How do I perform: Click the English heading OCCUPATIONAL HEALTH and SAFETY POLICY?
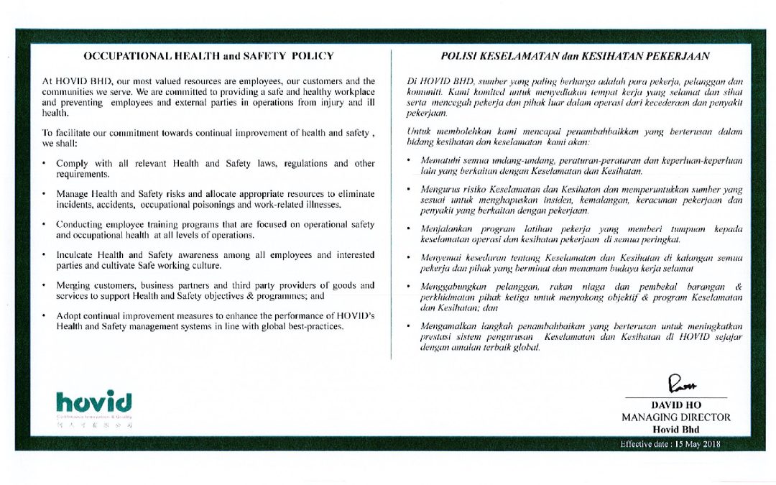208,55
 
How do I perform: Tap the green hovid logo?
94,399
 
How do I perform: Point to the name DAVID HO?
676,405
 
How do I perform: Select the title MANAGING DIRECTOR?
676,417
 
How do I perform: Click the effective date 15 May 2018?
670,444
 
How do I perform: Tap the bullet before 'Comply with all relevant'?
45,164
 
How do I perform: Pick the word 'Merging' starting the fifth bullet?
73,285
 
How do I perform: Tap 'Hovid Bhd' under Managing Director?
676,429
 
